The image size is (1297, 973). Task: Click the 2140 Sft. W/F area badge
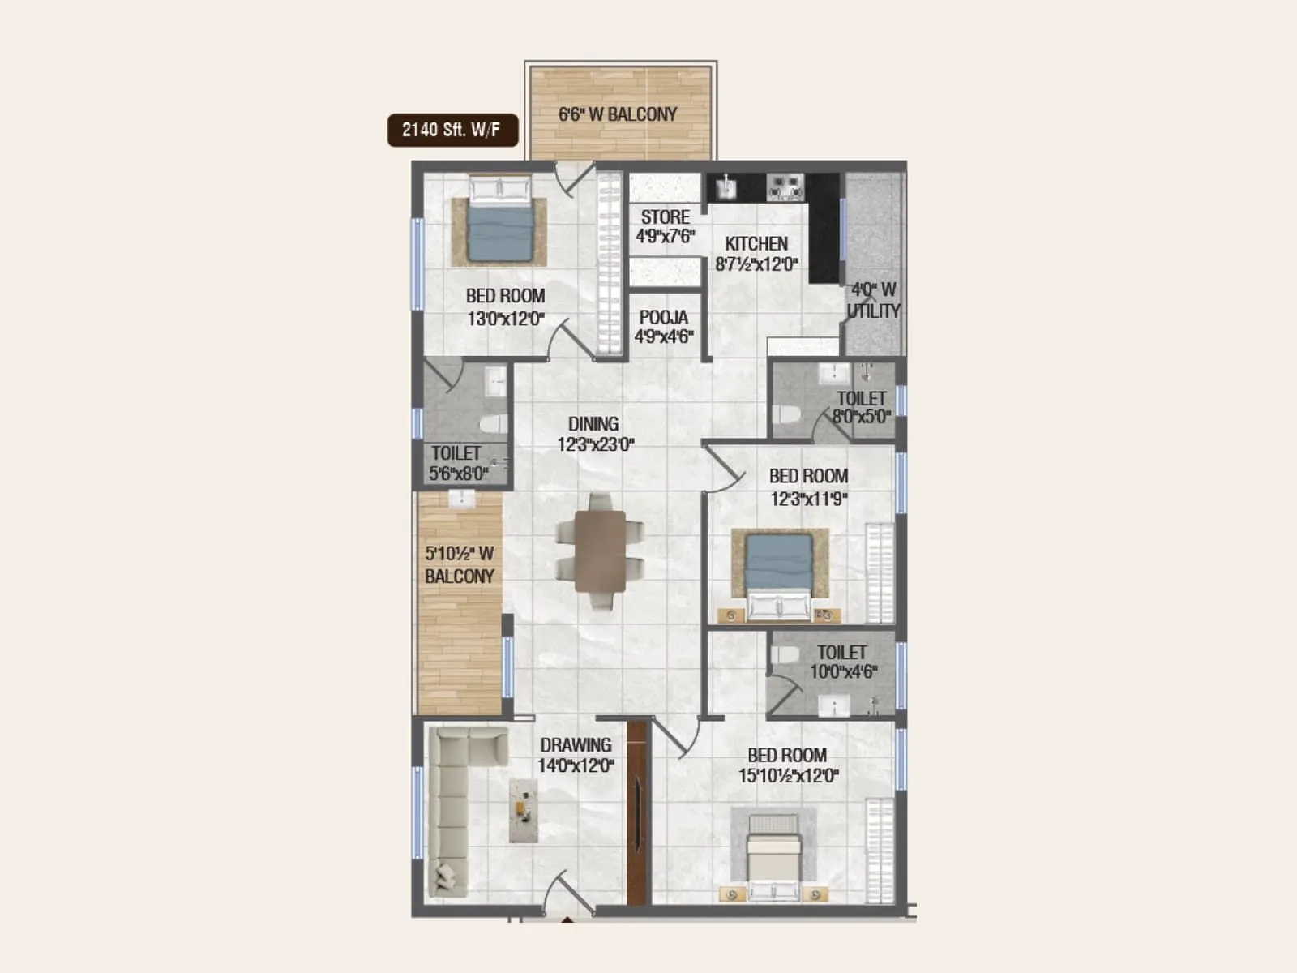(452, 130)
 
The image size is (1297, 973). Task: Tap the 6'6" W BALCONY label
(618, 114)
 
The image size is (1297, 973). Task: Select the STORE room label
(665, 217)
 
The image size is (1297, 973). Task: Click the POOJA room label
(663, 317)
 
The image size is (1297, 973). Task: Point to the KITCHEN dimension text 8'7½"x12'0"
(756, 264)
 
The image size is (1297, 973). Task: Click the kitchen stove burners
(785, 187)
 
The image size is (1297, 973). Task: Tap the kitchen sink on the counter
(726, 188)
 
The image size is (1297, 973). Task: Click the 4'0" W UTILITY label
(873, 300)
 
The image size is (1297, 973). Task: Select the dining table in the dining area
(600, 551)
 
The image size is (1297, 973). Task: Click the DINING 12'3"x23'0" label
(595, 434)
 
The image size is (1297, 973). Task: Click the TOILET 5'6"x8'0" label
(458, 463)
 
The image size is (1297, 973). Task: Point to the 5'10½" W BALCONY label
(459, 564)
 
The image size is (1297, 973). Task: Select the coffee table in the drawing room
(524, 810)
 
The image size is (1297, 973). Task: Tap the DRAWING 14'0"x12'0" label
(576, 755)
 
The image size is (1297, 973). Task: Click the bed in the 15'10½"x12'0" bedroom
(773, 858)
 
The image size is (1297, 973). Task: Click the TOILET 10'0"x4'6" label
(843, 662)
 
